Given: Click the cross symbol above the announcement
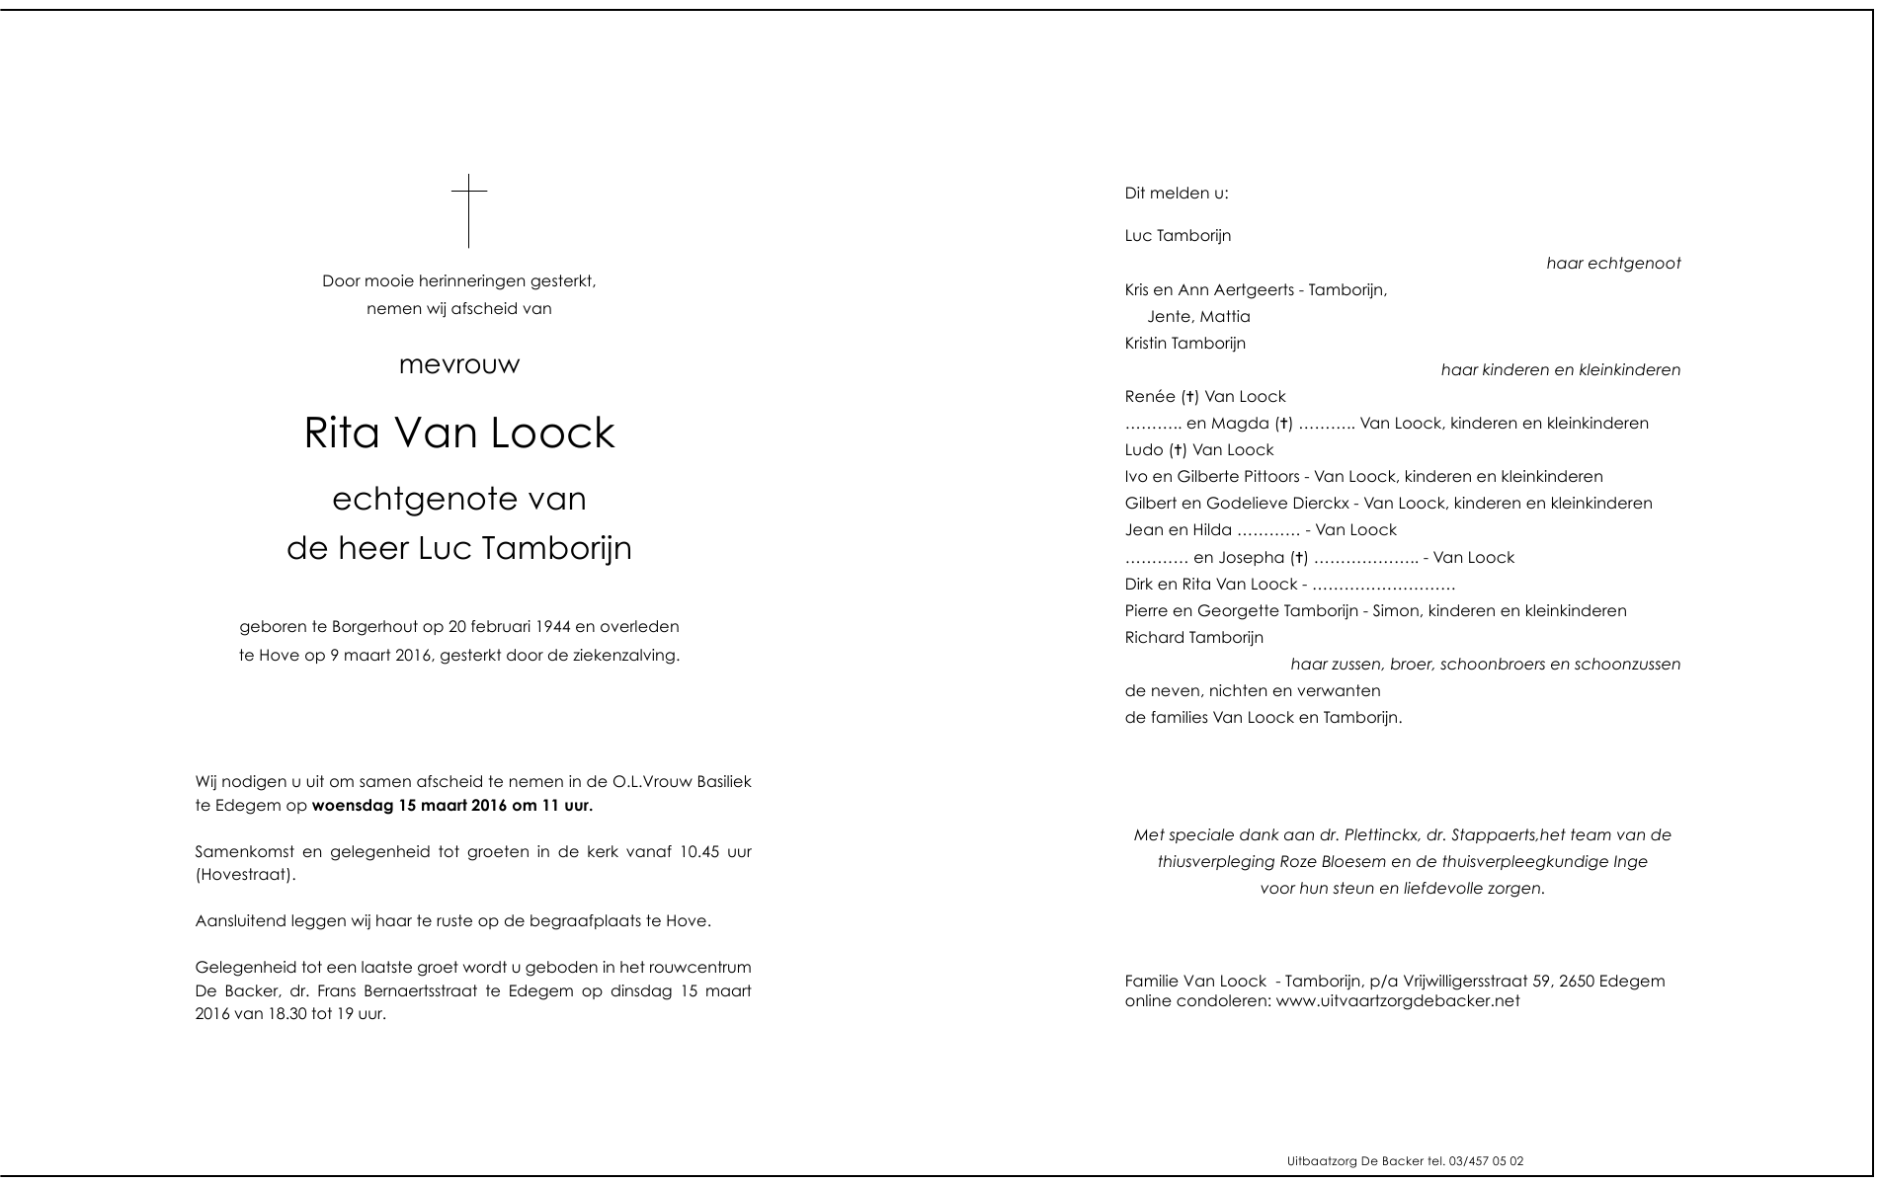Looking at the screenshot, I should point(469,210).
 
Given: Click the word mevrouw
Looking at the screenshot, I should point(459,365).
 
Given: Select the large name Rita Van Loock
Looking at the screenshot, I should point(459,434).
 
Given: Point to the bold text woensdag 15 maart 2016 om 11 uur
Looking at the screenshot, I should point(452,806).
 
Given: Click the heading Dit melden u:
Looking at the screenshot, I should point(1177,194).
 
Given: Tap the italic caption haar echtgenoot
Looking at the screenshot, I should point(1613,264).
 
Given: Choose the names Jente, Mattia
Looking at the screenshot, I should point(1198,317).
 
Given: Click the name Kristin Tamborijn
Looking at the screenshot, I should point(1185,344).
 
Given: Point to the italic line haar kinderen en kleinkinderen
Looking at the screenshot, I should point(1560,370).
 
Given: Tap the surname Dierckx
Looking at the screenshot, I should point(1320,504).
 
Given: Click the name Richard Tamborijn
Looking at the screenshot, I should point(1193,638).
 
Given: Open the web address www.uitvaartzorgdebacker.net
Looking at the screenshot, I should point(1398,1001).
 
